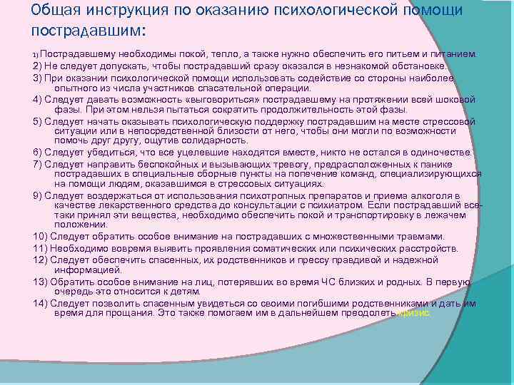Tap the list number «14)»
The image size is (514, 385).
click(x=40, y=302)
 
